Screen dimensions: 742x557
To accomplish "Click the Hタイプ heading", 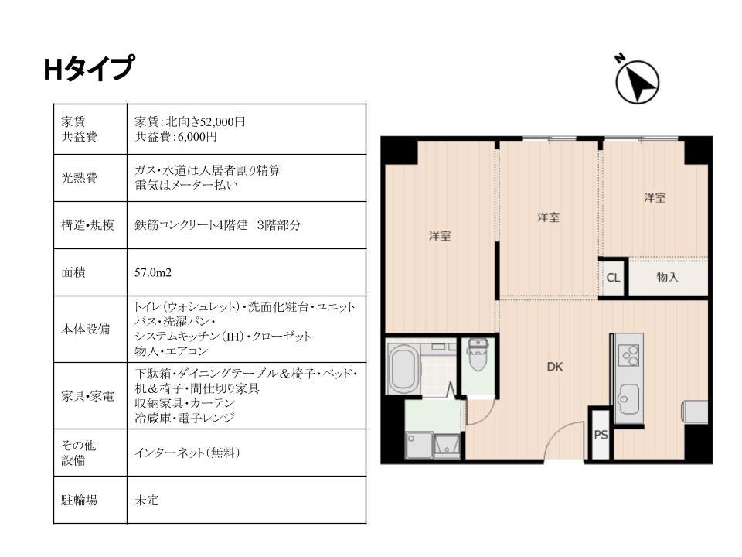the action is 89,69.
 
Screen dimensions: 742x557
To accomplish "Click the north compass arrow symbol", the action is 637,81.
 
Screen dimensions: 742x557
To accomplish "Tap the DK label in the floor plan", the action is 555,367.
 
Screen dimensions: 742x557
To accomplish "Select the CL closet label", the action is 613,278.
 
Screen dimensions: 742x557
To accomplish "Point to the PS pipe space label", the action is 601,434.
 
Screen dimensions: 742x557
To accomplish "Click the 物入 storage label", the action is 667,278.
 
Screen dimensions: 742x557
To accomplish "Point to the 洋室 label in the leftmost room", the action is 440,236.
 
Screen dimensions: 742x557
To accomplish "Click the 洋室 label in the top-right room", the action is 655,198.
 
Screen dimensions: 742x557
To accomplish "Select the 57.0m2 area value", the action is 153,272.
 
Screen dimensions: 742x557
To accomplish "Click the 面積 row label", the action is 73,272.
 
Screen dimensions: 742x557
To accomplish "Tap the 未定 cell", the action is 147,500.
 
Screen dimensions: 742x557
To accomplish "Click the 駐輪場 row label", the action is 79,500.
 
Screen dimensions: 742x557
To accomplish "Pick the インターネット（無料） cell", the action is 187,453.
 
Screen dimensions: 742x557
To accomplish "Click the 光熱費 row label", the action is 79,178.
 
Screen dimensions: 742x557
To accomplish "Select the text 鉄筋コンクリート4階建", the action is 191,225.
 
